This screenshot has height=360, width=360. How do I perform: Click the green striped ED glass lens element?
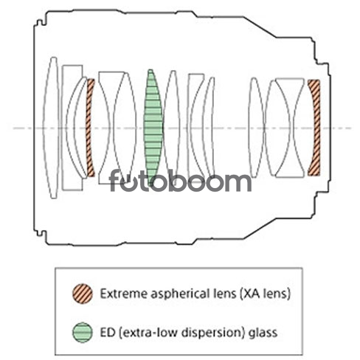pos(153,128)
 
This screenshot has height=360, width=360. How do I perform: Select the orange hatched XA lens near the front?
pos(89,128)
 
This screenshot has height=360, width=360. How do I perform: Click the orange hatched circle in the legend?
pos(83,294)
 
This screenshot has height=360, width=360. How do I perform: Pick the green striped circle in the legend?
pos(83,332)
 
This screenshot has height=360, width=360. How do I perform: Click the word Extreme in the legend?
pos(123,294)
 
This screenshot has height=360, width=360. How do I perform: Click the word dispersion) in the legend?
pos(214,333)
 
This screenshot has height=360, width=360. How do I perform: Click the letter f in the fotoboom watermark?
pos(115,180)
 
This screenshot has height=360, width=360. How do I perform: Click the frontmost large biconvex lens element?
pos(52,128)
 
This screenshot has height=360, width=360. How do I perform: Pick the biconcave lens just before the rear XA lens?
pos(290,128)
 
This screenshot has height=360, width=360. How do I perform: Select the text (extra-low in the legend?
pos(148,333)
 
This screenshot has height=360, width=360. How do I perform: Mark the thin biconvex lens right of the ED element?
pos(172,128)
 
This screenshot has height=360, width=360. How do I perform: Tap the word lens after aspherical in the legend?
pos(224,294)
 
